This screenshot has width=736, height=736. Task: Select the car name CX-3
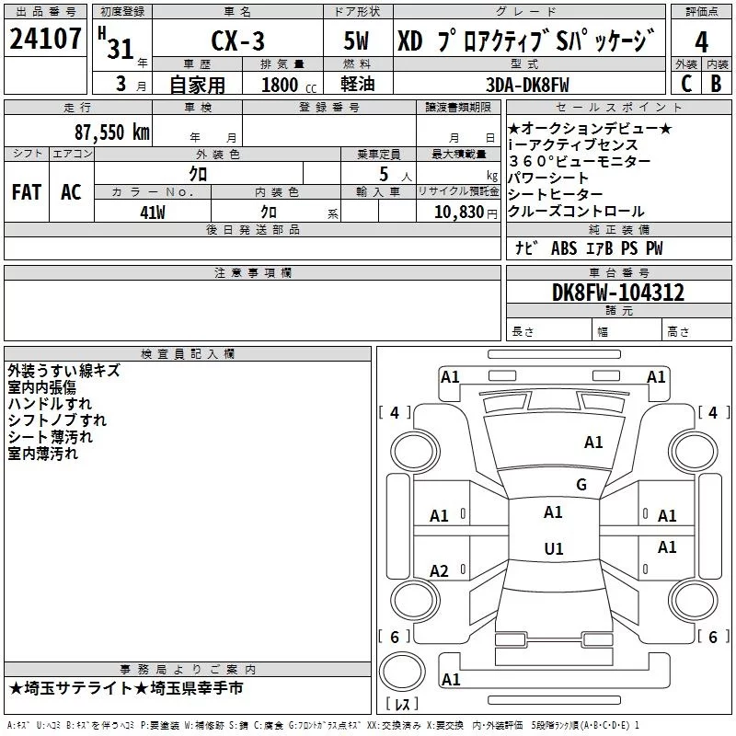236,42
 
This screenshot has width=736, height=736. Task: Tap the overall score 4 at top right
702,42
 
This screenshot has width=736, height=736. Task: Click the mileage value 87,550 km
109,132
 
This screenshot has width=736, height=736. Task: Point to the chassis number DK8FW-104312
618,293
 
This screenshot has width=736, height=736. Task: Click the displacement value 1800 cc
281,85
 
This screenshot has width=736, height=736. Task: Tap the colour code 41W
153,211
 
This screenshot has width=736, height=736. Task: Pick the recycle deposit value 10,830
456,211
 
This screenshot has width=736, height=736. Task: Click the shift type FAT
26,191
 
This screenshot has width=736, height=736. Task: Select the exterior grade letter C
685,84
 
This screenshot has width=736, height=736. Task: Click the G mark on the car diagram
581,485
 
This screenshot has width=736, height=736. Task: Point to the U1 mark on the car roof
553,549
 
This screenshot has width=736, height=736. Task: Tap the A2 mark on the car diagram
440,571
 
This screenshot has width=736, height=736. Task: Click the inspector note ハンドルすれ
50,404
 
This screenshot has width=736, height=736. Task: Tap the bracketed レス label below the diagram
401,705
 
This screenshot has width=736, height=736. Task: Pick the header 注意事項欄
252,272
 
